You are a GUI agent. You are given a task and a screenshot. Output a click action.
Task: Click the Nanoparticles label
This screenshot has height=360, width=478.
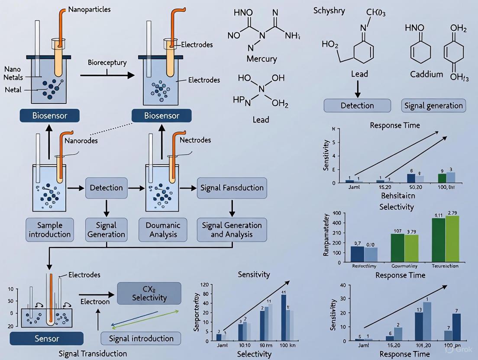(x=89, y=9)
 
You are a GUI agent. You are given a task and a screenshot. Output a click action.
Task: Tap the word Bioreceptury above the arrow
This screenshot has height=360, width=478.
(x=107, y=62)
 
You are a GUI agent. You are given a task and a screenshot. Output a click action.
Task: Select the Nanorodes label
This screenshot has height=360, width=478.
(x=81, y=140)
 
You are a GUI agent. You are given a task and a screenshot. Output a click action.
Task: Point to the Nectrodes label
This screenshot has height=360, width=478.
(x=195, y=140)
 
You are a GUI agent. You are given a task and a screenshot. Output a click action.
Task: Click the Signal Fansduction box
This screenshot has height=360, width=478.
(x=232, y=188)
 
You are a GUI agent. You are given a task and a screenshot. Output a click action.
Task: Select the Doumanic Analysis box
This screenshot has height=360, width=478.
(x=163, y=230)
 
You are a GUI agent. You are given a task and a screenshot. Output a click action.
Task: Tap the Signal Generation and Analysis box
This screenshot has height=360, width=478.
(x=232, y=230)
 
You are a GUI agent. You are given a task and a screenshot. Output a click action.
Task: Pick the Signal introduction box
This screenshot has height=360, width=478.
(x=141, y=338)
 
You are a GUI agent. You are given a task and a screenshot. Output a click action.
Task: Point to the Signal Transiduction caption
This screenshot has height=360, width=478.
(x=93, y=354)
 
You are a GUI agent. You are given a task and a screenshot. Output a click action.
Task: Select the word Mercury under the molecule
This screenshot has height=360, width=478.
(x=261, y=58)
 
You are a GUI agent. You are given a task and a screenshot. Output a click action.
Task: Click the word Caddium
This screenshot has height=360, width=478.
(x=426, y=74)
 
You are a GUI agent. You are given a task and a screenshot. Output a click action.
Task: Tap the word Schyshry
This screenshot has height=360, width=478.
(x=329, y=10)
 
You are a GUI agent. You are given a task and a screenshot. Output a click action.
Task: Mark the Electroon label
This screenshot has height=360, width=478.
(x=95, y=301)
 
